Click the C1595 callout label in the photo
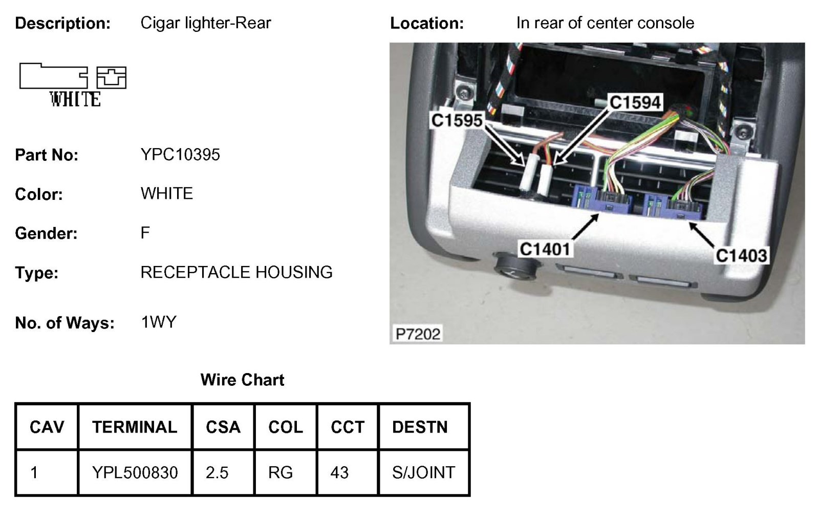coord(457,120)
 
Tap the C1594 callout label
coord(635,102)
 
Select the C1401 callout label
coord(545,249)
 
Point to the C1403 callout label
coord(741,255)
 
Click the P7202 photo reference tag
coord(418,334)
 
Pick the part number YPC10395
coord(180,155)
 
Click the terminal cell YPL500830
coord(135,472)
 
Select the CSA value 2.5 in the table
coord(217,472)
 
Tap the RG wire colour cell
coord(281,472)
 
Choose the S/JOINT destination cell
coord(423,472)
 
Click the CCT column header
coord(348,427)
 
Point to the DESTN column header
coord(420,427)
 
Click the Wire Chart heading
coord(242,380)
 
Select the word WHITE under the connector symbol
coord(75,99)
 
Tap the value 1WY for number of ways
coord(159,322)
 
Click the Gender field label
coord(46,234)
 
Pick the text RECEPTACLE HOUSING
coord(236,272)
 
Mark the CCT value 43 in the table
coord(339,472)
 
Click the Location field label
coord(427,23)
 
